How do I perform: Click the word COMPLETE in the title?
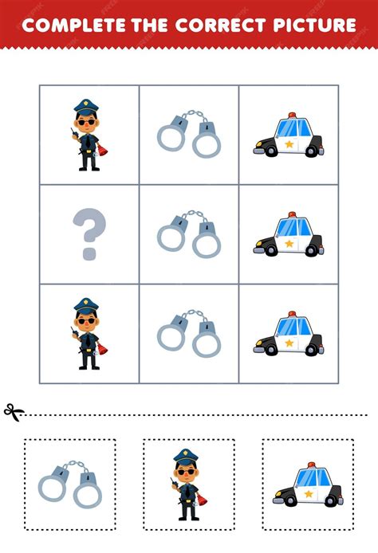(x=73, y=25)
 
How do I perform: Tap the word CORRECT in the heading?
(x=221, y=25)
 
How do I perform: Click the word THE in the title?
(x=150, y=25)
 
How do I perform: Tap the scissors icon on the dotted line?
(x=14, y=412)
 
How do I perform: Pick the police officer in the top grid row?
(x=89, y=135)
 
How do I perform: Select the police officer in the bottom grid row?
(x=89, y=334)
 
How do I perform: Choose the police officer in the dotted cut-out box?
(x=187, y=484)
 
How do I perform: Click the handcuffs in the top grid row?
(x=189, y=133)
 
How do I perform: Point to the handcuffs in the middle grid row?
(x=189, y=233)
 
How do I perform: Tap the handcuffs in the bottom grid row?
(x=189, y=333)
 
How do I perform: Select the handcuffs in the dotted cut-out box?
(x=70, y=484)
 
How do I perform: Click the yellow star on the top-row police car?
(x=289, y=144)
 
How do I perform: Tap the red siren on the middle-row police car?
(x=292, y=215)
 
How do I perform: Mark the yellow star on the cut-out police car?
(x=309, y=493)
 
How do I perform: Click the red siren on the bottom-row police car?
(x=292, y=314)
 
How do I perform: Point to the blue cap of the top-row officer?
(x=86, y=105)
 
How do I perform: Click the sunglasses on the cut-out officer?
(x=186, y=472)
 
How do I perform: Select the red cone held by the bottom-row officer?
(x=103, y=348)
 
